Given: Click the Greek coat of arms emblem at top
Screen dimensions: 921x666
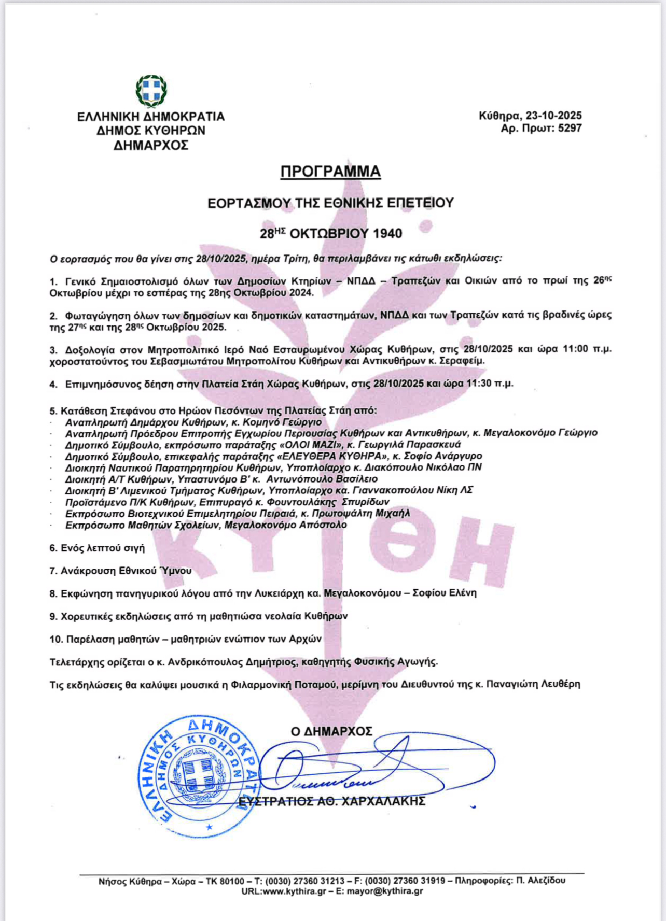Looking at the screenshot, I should pos(151,91).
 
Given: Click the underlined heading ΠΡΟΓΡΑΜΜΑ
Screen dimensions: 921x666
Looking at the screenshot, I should pos(330,172).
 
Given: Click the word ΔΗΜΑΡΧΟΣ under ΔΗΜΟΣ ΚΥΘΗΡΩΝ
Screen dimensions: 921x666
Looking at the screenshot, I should pos(151,146).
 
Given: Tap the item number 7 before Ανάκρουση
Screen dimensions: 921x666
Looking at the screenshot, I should pos(53,571).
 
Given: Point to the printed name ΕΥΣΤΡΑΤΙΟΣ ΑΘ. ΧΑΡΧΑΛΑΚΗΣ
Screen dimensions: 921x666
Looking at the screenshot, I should pos(332,801).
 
